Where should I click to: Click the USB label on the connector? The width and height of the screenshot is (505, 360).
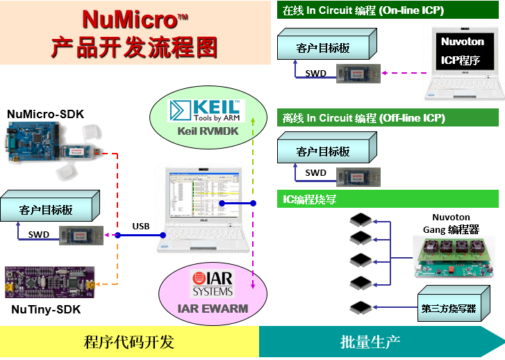[x=141, y=226]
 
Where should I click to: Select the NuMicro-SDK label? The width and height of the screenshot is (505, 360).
[x=45, y=113]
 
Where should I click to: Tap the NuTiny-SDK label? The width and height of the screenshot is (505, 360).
[x=46, y=310]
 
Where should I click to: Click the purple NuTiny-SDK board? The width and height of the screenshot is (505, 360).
[x=49, y=281]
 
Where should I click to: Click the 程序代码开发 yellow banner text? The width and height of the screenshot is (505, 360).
[x=129, y=342]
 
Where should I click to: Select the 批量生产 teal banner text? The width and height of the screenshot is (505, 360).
[x=370, y=342]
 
